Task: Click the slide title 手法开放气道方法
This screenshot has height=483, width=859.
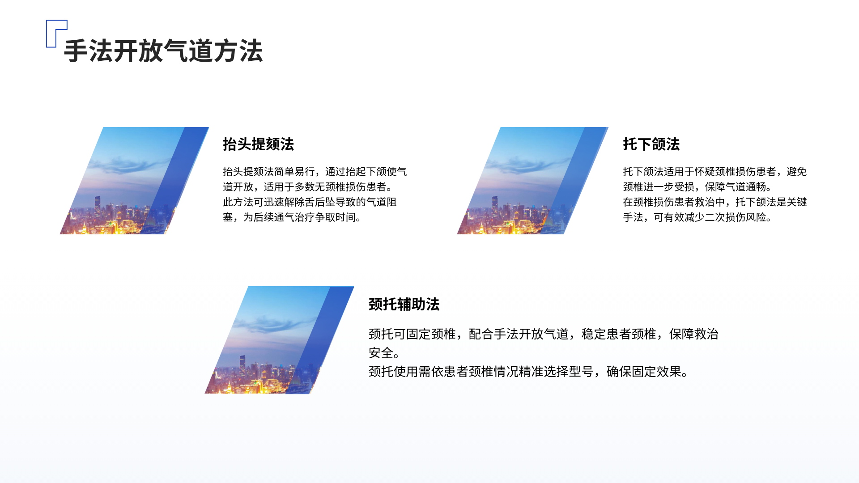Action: pos(163,51)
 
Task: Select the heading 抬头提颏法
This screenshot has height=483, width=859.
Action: pos(259,144)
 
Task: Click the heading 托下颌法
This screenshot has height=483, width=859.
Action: pos(651,144)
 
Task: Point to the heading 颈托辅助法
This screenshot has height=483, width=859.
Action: pos(404,304)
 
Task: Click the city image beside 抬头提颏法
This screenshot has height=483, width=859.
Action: pos(134,181)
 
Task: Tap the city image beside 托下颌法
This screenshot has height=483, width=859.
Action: pos(532,181)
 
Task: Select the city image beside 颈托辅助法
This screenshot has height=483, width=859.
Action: pos(279,340)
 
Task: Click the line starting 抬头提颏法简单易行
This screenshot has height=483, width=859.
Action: pos(315,172)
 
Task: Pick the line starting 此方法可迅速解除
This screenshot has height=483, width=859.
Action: pos(310,202)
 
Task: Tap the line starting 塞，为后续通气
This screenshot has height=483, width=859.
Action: pos(293,217)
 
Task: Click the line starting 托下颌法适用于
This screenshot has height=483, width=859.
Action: pos(715,172)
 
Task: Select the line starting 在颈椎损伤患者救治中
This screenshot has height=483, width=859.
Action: pos(715,202)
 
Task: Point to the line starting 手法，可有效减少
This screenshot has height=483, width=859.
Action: pos(697,217)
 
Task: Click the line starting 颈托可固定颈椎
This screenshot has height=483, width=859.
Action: pos(544,334)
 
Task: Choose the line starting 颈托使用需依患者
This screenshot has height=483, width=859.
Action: pos(529,372)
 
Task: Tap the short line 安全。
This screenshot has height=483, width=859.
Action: pos(384,353)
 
